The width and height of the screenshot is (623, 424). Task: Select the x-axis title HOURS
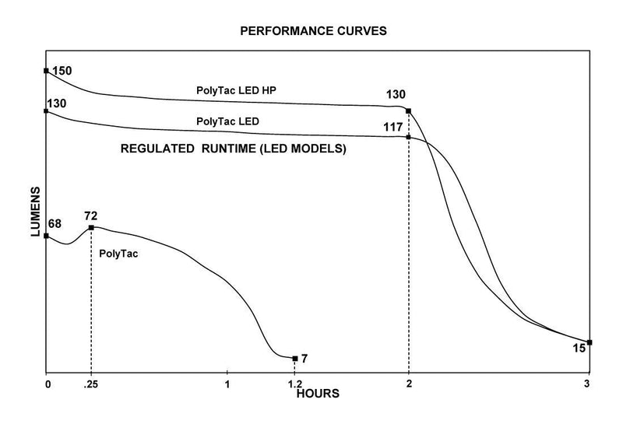point(318,394)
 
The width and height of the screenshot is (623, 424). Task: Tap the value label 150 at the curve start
point(62,71)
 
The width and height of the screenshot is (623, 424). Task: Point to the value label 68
point(55,224)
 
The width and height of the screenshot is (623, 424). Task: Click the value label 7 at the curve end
point(304,359)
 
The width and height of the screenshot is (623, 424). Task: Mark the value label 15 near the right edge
point(579,349)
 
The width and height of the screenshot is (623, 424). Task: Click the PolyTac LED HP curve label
point(238,91)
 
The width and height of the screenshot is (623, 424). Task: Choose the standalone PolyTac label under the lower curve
point(118,253)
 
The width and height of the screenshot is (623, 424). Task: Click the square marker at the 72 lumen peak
point(91,227)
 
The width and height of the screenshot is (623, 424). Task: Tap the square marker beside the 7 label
point(294,359)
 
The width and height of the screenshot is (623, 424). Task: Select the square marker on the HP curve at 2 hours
point(409,110)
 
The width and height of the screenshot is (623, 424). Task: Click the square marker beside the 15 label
point(590,342)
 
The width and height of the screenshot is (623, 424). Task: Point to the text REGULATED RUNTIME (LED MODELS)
point(234,147)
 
